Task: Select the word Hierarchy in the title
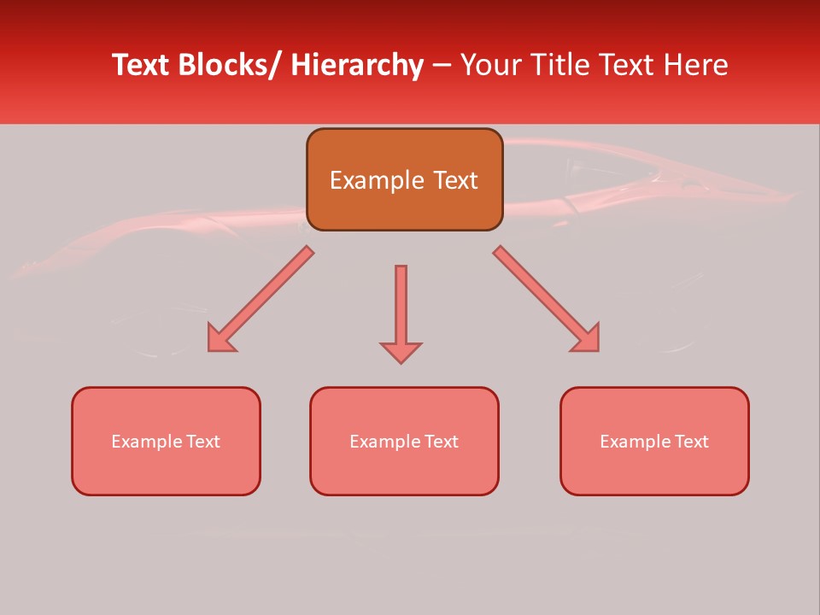pos(357,66)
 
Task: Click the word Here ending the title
pos(695,66)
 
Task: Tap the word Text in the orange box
pos(454,180)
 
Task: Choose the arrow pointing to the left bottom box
pos(260,300)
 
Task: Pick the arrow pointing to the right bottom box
pos(547,300)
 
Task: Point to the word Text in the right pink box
pos(692,442)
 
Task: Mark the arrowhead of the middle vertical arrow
pos(401,352)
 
